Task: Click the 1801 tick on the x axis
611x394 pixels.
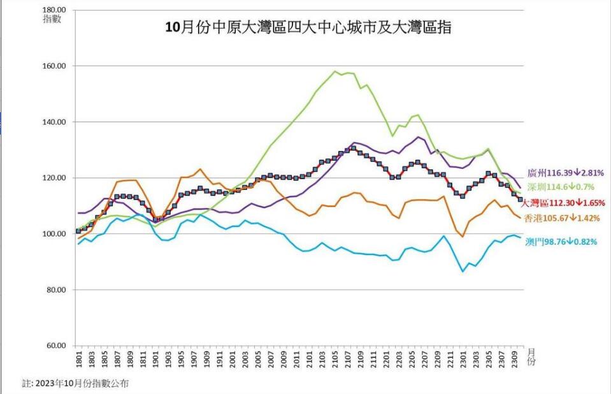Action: pos(78,360)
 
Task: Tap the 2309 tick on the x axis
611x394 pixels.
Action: pos(513,360)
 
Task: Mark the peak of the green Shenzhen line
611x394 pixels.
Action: pos(335,71)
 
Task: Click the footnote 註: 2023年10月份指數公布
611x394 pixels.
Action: pos(75,384)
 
